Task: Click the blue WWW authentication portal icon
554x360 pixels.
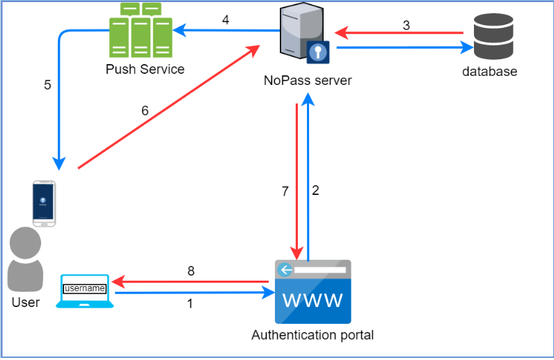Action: tap(312, 292)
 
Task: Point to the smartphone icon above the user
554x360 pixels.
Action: tap(45, 203)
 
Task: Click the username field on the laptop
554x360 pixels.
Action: tap(85, 288)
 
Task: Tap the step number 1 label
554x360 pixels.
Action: tap(190, 304)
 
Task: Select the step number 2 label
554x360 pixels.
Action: tap(315, 191)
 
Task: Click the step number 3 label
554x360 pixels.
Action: tap(406, 25)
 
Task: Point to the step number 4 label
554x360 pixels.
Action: tap(225, 19)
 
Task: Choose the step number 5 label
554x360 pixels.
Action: tap(47, 85)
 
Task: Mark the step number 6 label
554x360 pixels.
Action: tap(145, 110)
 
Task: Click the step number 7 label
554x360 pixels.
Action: tap(285, 191)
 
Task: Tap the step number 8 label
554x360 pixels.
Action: tap(190, 270)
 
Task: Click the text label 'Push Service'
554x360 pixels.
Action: tap(145, 69)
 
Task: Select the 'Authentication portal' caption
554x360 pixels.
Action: tap(312, 335)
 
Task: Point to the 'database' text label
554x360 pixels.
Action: tap(491, 71)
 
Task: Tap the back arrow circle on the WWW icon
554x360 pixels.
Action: tap(284, 269)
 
